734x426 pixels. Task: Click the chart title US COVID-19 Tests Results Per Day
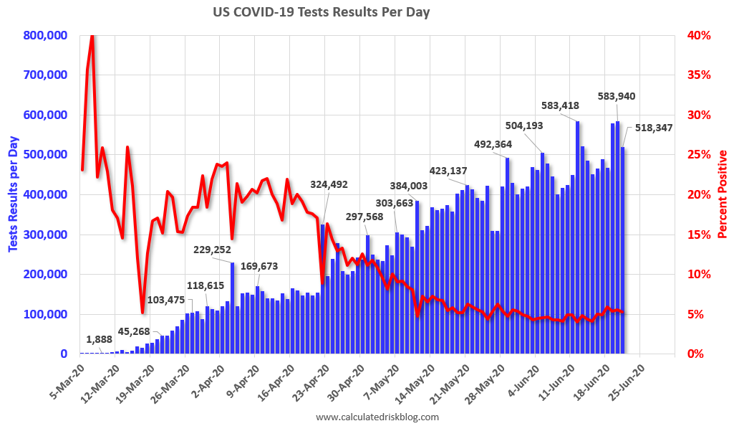click(321, 12)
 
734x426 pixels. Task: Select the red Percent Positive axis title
click(723, 194)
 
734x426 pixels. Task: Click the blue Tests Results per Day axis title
click(13, 194)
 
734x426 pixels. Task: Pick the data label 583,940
click(616, 96)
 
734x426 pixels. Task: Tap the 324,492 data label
click(329, 184)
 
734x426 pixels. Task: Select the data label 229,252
click(213, 250)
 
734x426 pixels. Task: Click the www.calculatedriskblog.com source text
click(377, 417)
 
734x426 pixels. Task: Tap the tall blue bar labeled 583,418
click(577, 237)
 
